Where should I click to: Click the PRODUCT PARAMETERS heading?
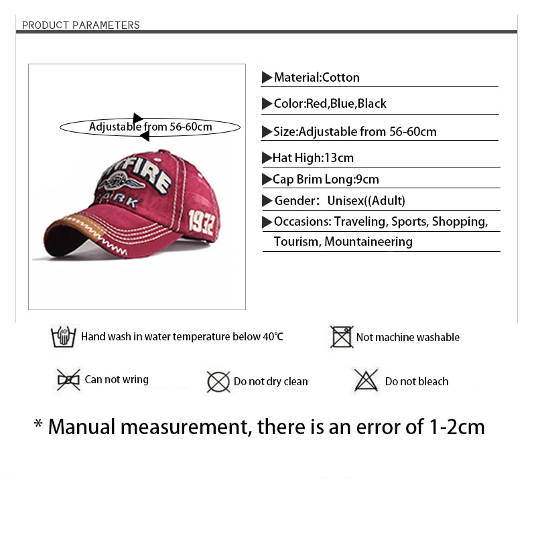[x=81, y=25]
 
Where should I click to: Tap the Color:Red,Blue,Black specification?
[x=330, y=104]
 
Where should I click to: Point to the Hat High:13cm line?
[x=313, y=158]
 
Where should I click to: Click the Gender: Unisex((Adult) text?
[x=340, y=201]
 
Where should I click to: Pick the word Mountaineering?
[x=368, y=242]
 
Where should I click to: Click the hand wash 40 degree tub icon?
[x=64, y=336]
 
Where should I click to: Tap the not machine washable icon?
[x=342, y=337]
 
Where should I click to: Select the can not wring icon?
[x=68, y=380]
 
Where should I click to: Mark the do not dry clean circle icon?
[x=218, y=382]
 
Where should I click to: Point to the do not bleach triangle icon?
[x=366, y=381]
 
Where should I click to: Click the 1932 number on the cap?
[x=201, y=219]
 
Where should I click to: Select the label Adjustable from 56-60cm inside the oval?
[x=151, y=127]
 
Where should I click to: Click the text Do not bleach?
[x=417, y=382]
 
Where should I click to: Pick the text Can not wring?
[x=117, y=380]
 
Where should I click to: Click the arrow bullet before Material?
[x=267, y=78]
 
